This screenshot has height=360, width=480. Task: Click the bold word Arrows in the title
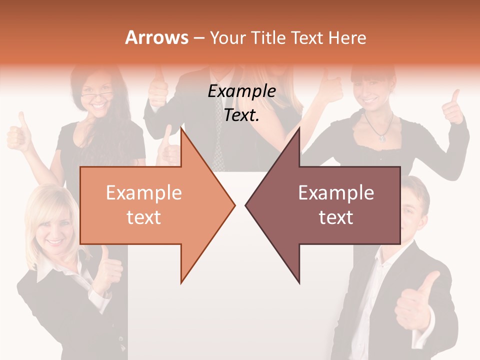click(x=156, y=37)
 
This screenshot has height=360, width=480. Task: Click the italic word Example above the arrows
click(x=241, y=91)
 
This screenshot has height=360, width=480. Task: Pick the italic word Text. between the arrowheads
click(x=241, y=115)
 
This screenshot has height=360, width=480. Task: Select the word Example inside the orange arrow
click(x=143, y=193)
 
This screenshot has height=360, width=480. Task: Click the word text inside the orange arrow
click(x=143, y=217)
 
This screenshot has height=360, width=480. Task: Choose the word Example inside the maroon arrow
click(x=336, y=193)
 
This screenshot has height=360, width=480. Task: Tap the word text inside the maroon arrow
click(x=336, y=217)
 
